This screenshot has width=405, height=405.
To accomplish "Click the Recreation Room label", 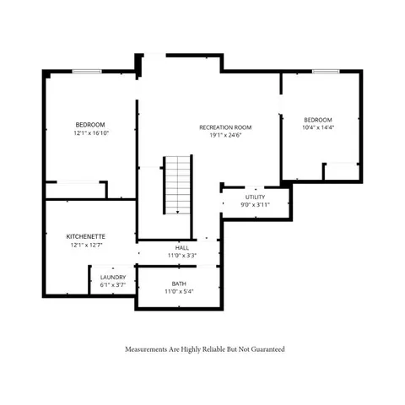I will tap(225, 127).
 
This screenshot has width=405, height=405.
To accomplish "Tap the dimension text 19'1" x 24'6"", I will tap(225, 136).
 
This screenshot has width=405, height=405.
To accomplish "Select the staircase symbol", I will tap(177, 184).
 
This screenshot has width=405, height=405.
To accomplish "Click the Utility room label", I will tap(256, 197).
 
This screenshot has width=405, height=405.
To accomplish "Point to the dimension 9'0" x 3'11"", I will tap(256, 204).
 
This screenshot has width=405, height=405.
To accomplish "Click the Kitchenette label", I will tap(86, 237).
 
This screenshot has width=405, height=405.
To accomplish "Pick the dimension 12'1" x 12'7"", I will tap(86, 246).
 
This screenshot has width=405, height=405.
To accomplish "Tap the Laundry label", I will tap(113, 277).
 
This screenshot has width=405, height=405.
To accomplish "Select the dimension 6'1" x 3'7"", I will tap(113, 284).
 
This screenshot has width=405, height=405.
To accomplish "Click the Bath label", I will tap(179, 283).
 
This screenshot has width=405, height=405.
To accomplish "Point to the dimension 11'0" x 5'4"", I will tap(179, 291).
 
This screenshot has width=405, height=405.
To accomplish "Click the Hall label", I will tap(182, 247).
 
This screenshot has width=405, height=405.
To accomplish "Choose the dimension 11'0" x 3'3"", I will tap(182, 255).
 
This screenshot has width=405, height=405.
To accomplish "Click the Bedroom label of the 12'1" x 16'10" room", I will tap(90, 124).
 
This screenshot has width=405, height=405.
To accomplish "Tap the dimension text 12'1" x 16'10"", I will tap(90, 132).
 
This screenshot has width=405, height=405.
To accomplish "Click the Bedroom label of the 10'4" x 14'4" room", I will tap(318, 119).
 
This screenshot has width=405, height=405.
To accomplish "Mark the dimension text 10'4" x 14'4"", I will tap(318, 127).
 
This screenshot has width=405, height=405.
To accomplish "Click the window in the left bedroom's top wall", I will tap(87, 72).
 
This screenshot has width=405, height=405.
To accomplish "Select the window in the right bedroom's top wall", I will tap(326, 72).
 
